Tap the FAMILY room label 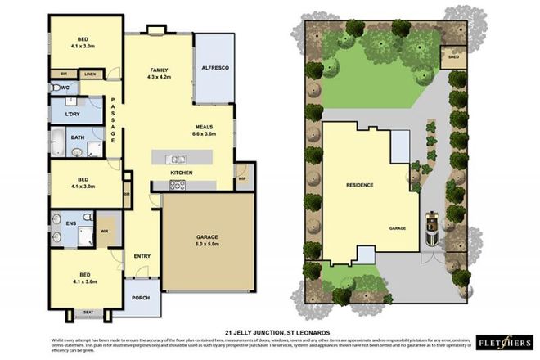click(158, 70)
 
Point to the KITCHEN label click(181, 173)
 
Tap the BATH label click(77, 137)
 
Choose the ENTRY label click(142, 256)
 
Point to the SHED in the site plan click(451, 57)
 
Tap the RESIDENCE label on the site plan click(359, 185)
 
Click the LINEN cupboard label click(90, 74)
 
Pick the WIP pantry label click(243, 178)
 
